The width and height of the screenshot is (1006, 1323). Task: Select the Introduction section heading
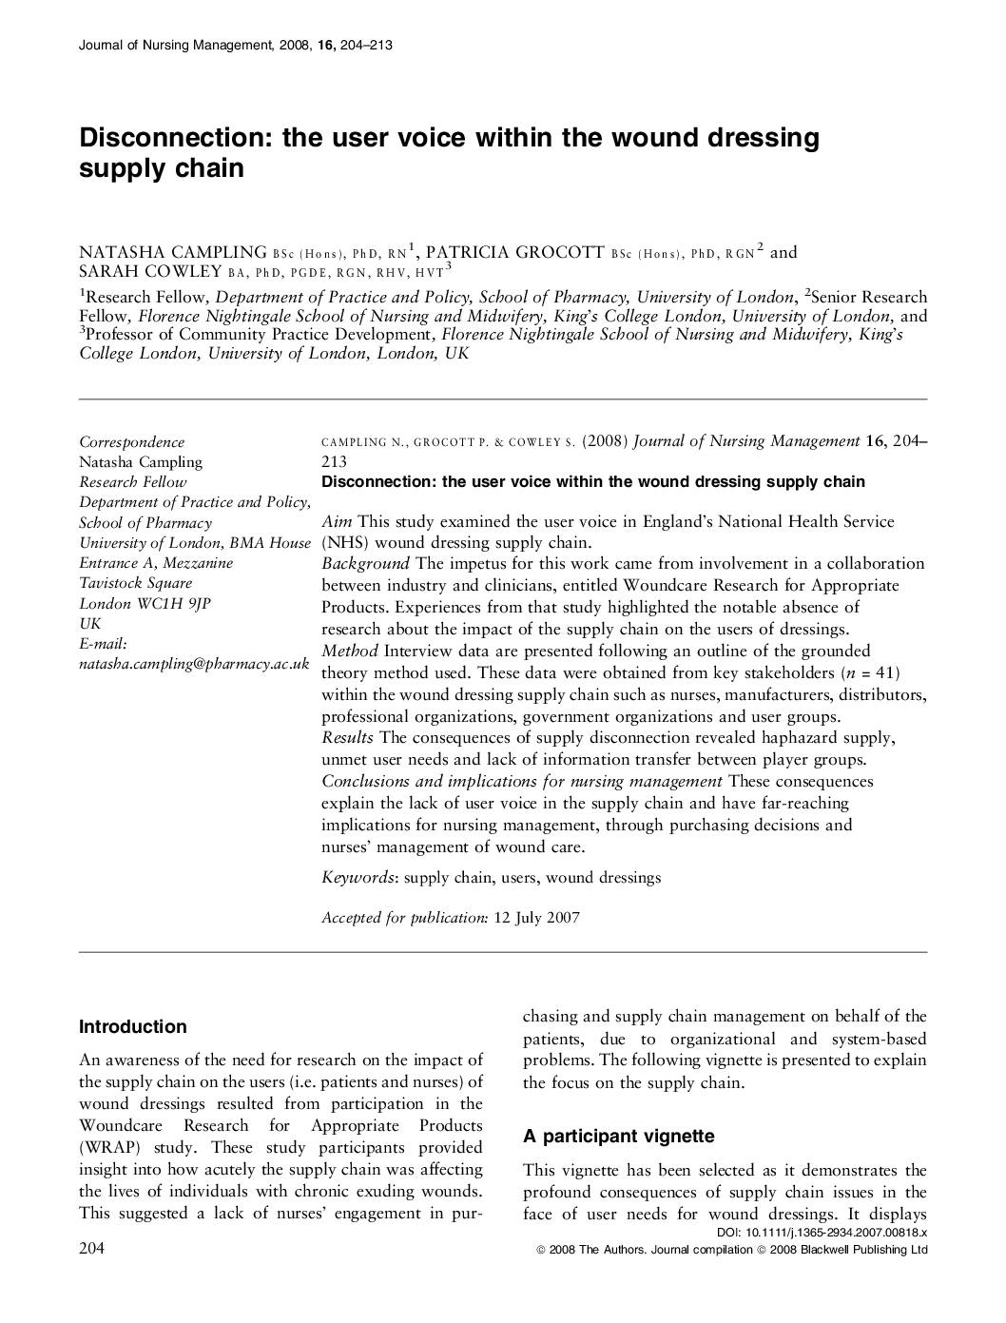[133, 1027]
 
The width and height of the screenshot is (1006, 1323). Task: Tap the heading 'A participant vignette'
[618, 1137]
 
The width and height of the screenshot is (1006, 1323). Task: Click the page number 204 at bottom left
[91, 1249]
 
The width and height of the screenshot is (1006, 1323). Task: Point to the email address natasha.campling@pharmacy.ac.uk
[194, 664]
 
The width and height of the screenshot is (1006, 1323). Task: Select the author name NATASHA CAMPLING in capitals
[172, 252]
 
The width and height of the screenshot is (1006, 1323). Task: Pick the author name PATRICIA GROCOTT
[514, 252]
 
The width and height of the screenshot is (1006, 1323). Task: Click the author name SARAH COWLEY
[150, 271]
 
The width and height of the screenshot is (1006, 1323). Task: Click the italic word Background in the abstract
[365, 564]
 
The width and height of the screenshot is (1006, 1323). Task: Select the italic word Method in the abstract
[350, 652]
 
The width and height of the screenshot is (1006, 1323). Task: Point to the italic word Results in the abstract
[348, 738]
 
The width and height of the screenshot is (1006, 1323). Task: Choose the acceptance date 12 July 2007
[536, 918]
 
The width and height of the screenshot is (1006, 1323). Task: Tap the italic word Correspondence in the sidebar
[131, 442]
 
